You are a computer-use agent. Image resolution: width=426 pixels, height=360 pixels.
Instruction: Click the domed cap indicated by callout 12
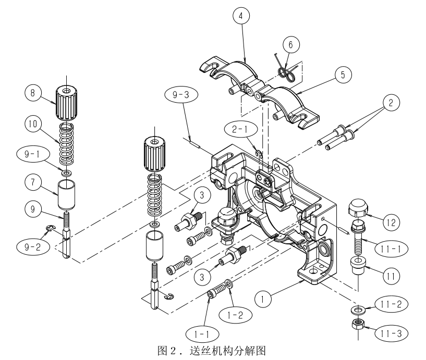[x=358, y=208]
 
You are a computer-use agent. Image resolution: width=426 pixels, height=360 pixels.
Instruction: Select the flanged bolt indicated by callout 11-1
[x=358, y=237]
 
